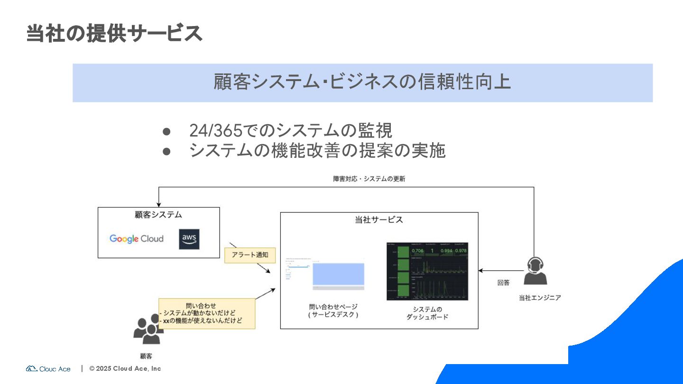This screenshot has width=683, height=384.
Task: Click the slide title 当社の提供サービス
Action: click(x=114, y=34)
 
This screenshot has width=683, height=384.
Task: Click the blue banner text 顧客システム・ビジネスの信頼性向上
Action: click(x=362, y=82)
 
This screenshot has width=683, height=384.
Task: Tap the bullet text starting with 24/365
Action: click(x=290, y=130)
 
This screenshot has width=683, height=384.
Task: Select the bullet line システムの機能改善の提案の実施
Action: click(x=317, y=150)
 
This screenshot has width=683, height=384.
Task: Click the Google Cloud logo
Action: click(x=136, y=238)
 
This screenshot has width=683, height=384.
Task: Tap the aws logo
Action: click(x=189, y=239)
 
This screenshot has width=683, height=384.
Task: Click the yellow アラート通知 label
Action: click(x=249, y=255)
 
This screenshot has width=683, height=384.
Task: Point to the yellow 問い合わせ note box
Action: click(x=207, y=313)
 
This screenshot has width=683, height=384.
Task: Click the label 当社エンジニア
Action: click(x=540, y=298)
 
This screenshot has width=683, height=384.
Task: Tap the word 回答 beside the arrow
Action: click(x=503, y=283)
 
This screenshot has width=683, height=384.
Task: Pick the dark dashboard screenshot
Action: click(x=427, y=271)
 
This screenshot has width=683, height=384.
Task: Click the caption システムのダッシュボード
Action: click(x=427, y=313)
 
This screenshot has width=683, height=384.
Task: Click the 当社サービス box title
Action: click(x=379, y=219)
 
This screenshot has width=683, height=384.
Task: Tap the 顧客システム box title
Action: click(x=158, y=215)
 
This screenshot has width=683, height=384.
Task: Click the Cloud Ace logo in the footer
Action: click(x=48, y=369)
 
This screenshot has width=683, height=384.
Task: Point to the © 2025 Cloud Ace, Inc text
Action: click(x=125, y=368)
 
